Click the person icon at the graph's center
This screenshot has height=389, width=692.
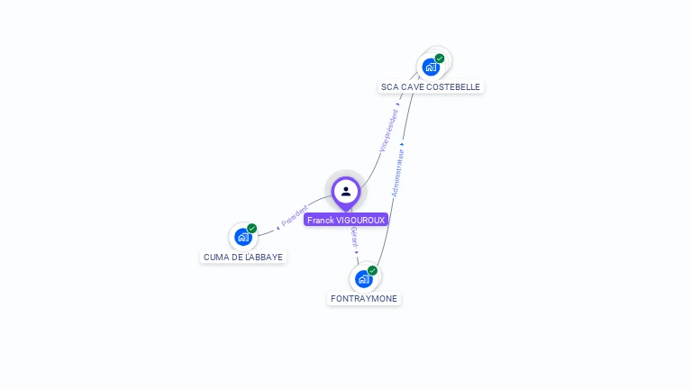tap(346, 191)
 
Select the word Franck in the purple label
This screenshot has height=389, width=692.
tap(320, 220)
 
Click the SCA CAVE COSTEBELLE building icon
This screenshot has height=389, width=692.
tap(431, 67)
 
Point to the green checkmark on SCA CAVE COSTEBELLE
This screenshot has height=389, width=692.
tap(440, 59)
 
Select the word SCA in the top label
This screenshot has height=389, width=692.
tap(389, 87)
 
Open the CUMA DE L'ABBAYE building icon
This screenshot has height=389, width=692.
tap(242, 237)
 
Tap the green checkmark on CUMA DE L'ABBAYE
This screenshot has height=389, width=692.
tap(252, 229)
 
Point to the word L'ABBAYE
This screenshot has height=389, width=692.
tap(265, 257)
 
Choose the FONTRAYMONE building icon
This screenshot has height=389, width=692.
tap(363, 278)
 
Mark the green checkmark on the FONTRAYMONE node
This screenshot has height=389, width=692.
tap(372, 270)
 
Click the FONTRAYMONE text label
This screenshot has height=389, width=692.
tap(363, 299)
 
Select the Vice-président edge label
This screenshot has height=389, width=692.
tap(388, 130)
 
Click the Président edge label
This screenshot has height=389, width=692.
tap(295, 216)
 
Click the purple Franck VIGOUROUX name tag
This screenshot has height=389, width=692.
tap(346, 220)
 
